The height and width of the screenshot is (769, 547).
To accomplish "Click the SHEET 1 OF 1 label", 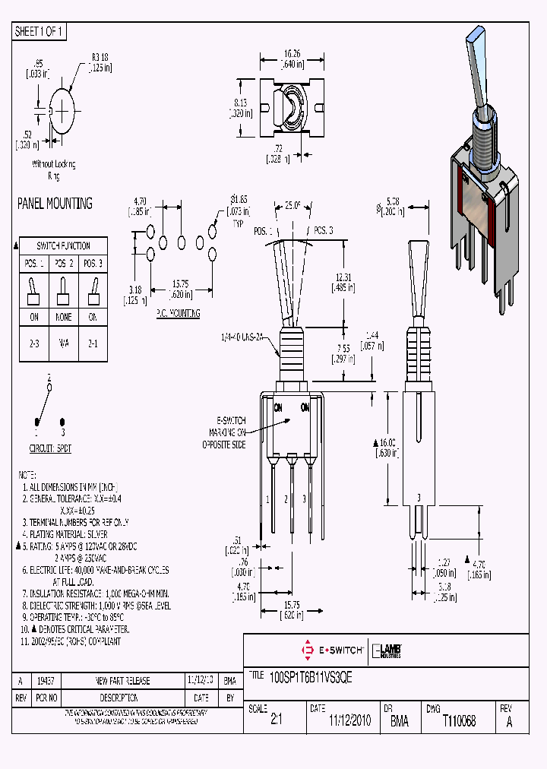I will tap(40, 32).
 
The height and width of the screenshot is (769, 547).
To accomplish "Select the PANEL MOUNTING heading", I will tap(55, 204).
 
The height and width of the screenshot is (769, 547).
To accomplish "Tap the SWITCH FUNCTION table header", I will tap(64, 246).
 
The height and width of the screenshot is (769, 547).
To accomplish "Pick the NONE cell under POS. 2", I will tap(63, 318).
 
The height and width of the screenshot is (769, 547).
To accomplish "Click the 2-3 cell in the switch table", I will tap(34, 343).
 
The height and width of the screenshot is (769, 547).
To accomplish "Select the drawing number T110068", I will tap(459, 721).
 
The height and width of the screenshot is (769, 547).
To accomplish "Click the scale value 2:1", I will tap(276, 721).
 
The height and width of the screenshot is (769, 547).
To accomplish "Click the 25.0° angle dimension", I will tap(293, 205).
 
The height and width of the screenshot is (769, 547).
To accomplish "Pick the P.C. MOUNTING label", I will tap(178, 313).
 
